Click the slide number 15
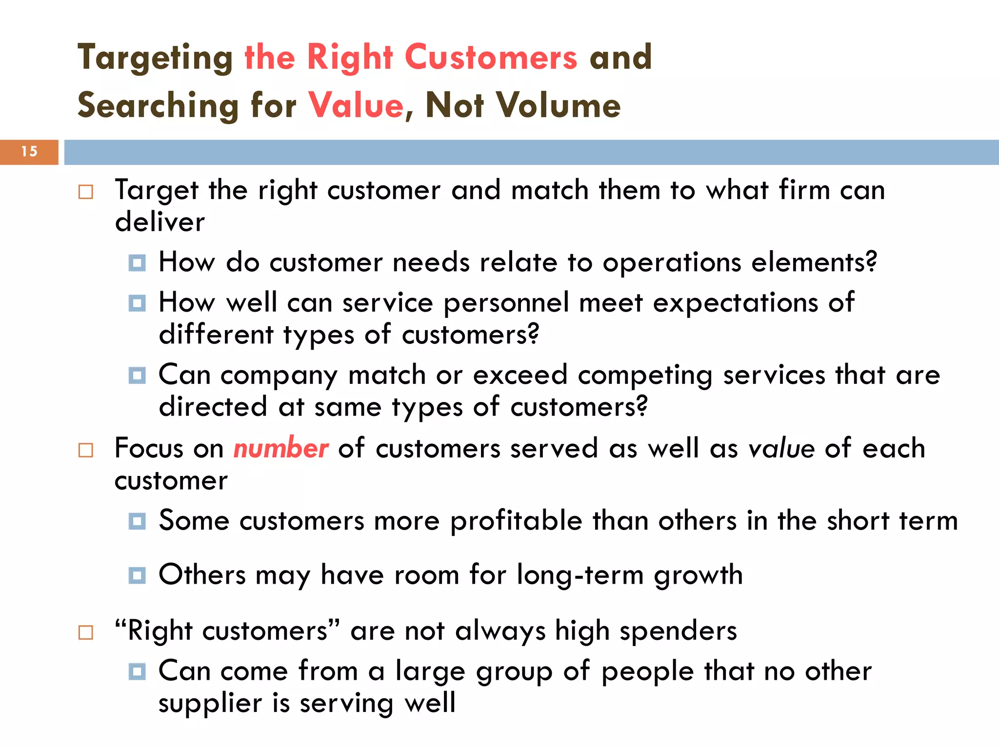[x=29, y=152]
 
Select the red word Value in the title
[x=356, y=105]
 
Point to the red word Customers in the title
[x=491, y=58]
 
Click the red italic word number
[x=281, y=448]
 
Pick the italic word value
[x=781, y=448]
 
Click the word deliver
[x=160, y=222]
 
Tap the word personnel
[x=506, y=303]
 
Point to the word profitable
[x=516, y=521]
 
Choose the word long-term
[x=580, y=575]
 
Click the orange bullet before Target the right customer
[x=86, y=192]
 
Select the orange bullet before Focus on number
[x=86, y=450]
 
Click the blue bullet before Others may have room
[x=137, y=575]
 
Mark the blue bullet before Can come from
[x=137, y=671]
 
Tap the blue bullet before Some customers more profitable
[x=137, y=521]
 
